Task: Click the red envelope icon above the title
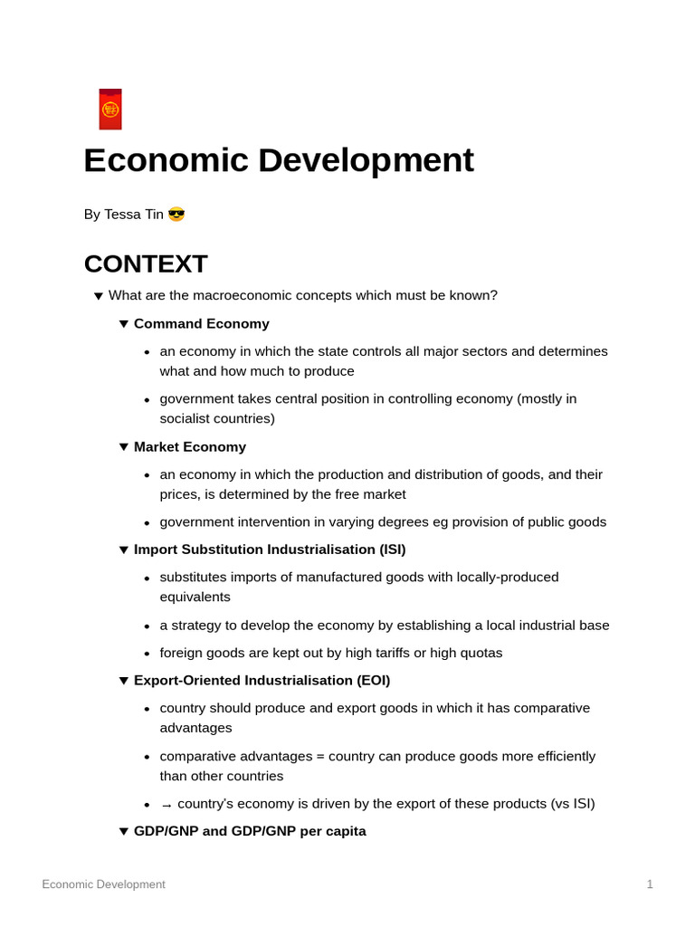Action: (x=110, y=110)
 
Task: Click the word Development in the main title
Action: (x=366, y=160)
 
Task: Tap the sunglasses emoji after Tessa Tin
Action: (x=176, y=215)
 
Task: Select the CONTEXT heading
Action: (x=146, y=263)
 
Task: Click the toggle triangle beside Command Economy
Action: (x=124, y=324)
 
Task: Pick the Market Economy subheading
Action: (x=190, y=446)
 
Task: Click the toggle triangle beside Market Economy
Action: (x=124, y=447)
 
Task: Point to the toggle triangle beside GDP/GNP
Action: (x=124, y=831)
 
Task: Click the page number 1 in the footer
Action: (x=650, y=884)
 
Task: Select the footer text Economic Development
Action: (x=103, y=884)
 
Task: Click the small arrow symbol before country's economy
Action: (x=167, y=805)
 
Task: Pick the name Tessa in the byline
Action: (x=122, y=215)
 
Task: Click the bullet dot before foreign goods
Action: (x=147, y=654)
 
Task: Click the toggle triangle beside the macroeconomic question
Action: (x=99, y=296)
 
